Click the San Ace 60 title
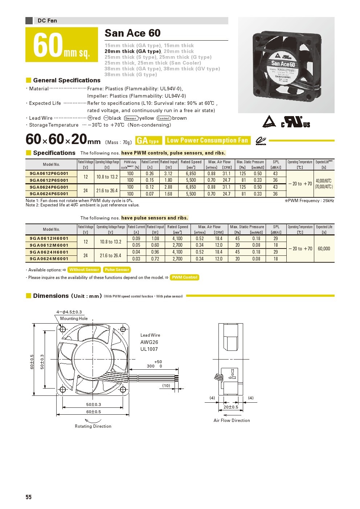(x=132, y=33)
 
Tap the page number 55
(x=29, y=497)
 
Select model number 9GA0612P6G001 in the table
(x=49, y=173)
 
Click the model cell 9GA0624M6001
(x=49, y=259)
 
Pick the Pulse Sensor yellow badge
(x=117, y=270)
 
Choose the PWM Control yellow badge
(x=185, y=277)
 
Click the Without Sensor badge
(x=84, y=270)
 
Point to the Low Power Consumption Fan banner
(x=207, y=140)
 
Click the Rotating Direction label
(x=93, y=426)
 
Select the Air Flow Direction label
(x=232, y=420)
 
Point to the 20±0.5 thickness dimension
(x=231, y=407)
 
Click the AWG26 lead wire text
(x=149, y=342)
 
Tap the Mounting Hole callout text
(x=74, y=319)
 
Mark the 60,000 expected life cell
(x=324, y=249)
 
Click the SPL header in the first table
(x=276, y=162)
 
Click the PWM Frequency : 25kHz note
(x=309, y=201)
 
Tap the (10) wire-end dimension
(x=166, y=385)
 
